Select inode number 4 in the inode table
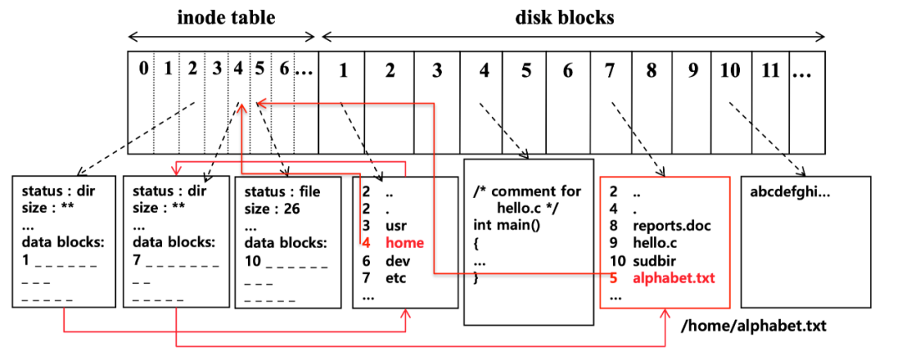239,68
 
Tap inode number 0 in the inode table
144,68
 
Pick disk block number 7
610,70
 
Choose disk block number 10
730,70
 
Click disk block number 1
342,70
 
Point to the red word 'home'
404,243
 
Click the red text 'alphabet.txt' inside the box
672,278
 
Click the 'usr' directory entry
396,226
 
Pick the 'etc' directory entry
395,278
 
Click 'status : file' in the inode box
282,191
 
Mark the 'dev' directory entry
396,261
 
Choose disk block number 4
484,70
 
